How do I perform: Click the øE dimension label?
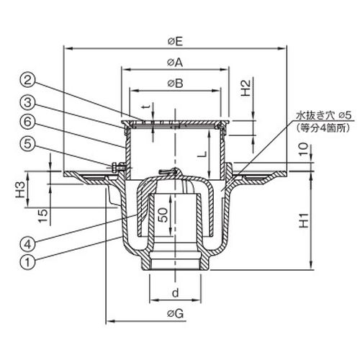click(x=175, y=42)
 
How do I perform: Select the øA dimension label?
click(x=175, y=63)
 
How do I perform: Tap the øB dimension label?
click(x=176, y=84)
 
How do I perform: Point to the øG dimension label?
click(x=176, y=313)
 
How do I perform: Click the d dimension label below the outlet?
click(x=176, y=292)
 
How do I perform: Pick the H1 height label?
click(x=304, y=220)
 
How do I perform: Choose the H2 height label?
click(x=246, y=88)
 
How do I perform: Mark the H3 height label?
click(x=20, y=189)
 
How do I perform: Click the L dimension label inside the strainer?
click(x=203, y=154)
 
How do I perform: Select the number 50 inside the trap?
click(x=163, y=215)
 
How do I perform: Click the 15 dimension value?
click(x=43, y=216)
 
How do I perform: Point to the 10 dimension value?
click(x=304, y=149)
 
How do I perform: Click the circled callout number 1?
click(x=28, y=261)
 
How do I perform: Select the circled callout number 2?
click(x=28, y=80)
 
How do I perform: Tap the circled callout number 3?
click(x=28, y=102)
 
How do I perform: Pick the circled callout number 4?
click(x=28, y=244)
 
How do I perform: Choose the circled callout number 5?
click(x=28, y=144)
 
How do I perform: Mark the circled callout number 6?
click(x=28, y=122)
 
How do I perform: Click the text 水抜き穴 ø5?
click(x=324, y=116)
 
